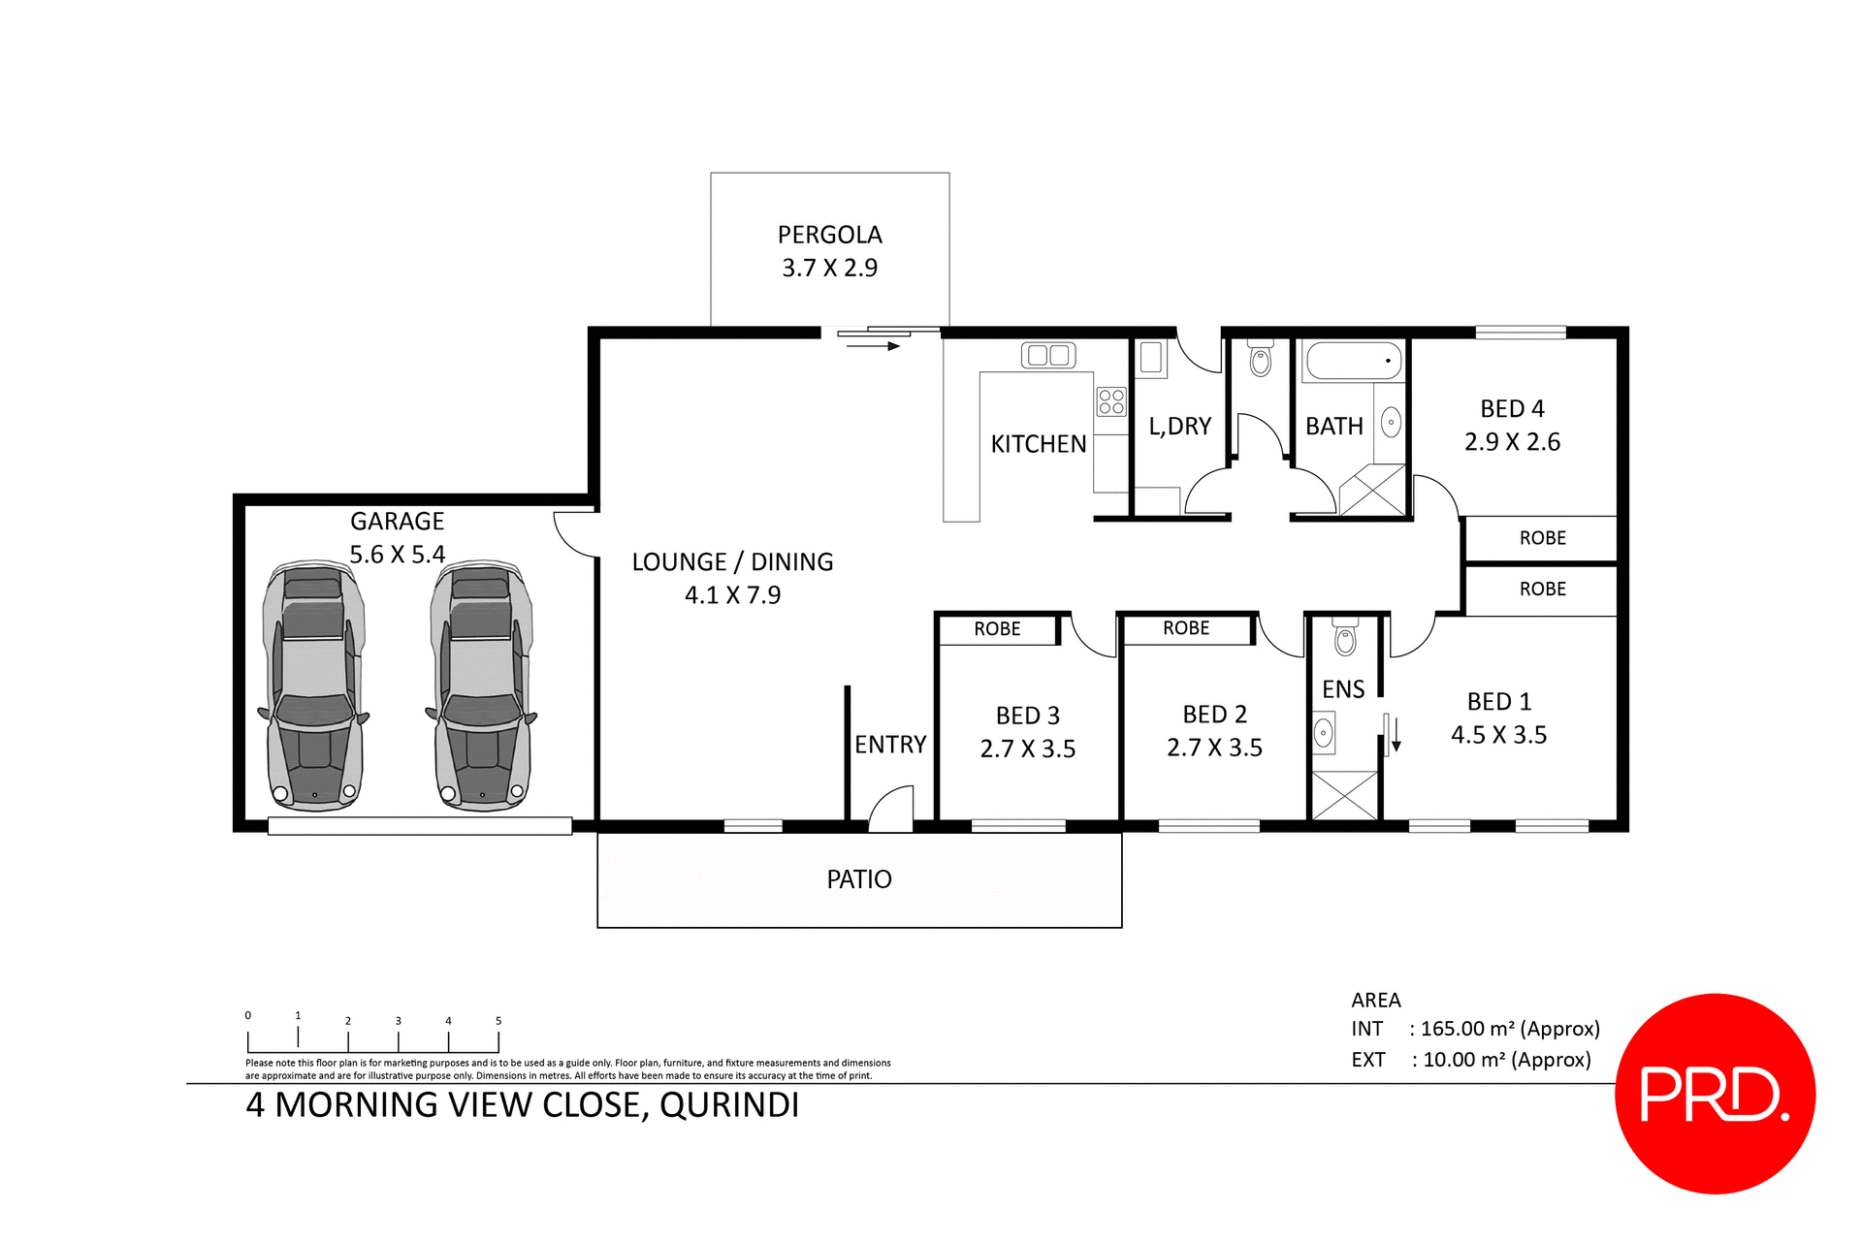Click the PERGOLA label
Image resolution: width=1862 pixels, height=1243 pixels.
pos(829,235)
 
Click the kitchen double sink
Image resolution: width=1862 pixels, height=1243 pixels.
pos(1047,355)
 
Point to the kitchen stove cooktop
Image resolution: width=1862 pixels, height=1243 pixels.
pos(1111,401)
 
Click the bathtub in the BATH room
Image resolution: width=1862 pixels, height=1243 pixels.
pos(1355,361)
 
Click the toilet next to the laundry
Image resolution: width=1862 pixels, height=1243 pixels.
pos(1260,360)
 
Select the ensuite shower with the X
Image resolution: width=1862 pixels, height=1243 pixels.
pos(1344,795)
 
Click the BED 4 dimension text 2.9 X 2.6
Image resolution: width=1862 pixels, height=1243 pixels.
pos(1512,442)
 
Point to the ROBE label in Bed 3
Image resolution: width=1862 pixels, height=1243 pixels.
pos(997,629)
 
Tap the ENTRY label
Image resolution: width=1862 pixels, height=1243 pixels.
pos(890,745)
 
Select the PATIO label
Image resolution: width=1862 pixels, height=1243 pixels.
pos(859,879)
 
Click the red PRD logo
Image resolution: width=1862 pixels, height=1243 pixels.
pos(1715,1094)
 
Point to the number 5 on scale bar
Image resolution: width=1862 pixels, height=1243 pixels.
pos(498,1021)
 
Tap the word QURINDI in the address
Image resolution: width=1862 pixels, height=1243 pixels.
pos(729,1105)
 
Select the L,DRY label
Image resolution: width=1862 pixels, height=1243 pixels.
pos(1179,427)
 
